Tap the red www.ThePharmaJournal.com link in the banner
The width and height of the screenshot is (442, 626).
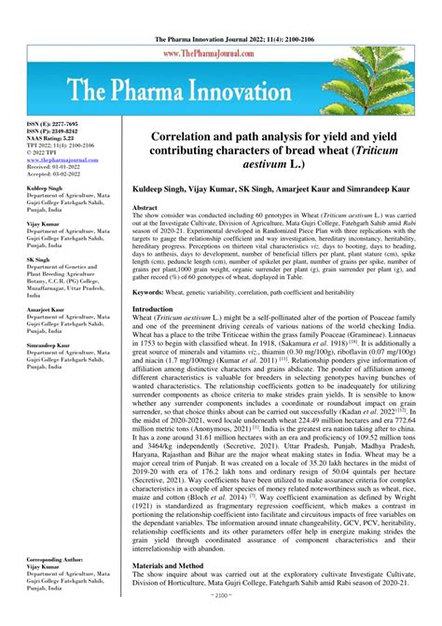point(222,54)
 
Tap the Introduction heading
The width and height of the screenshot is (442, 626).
point(153,309)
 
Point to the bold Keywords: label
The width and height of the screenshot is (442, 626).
point(151,293)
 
